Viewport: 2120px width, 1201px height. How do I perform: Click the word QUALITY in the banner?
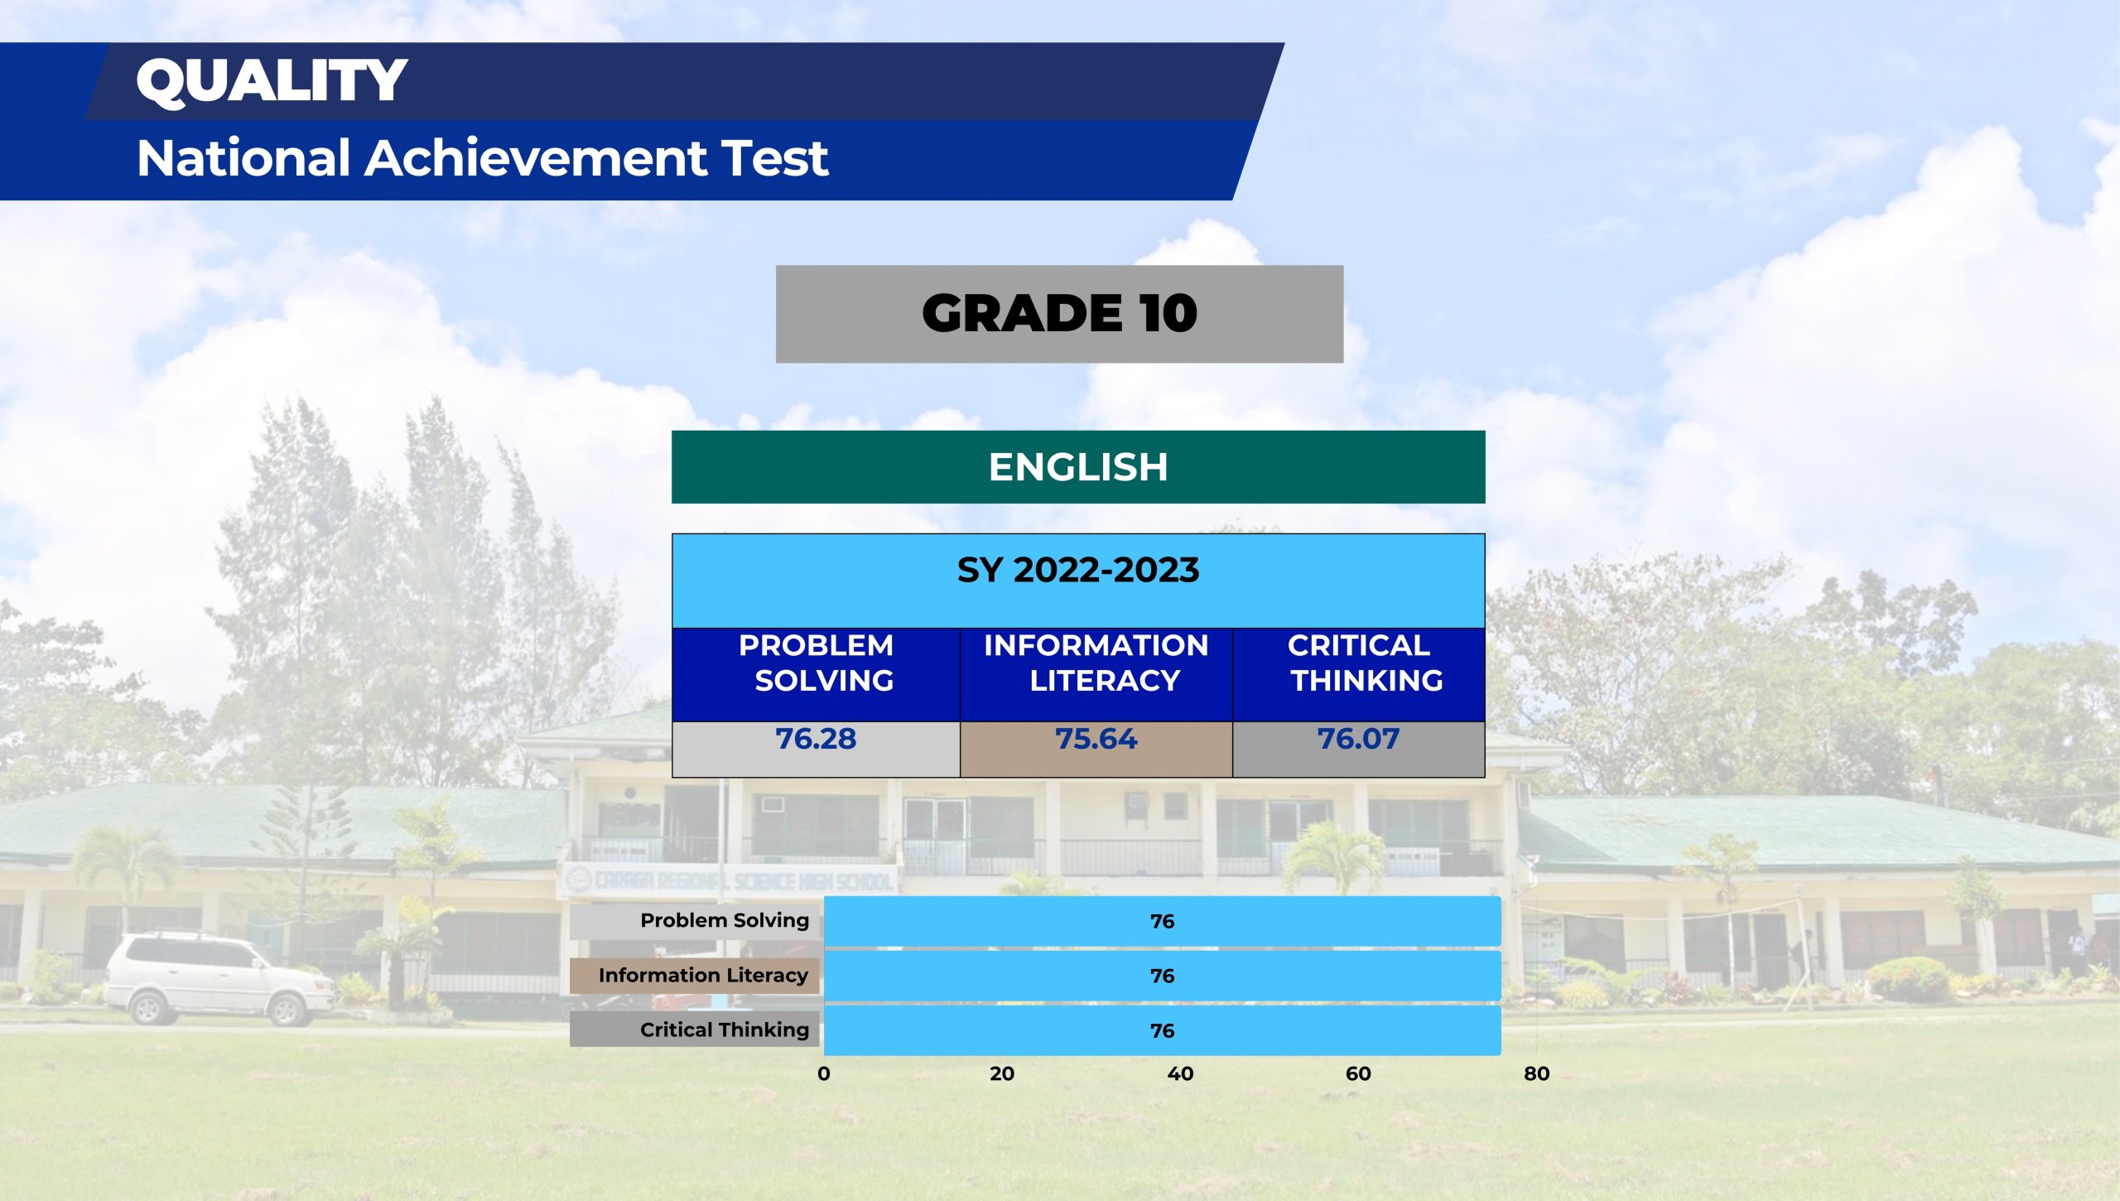click(x=272, y=80)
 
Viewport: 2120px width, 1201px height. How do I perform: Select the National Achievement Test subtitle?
click(x=482, y=157)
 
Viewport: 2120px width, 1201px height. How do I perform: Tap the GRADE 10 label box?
click(x=1059, y=314)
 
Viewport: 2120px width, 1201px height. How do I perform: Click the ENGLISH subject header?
click(x=1078, y=467)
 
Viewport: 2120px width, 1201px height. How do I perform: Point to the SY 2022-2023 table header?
click(x=1078, y=581)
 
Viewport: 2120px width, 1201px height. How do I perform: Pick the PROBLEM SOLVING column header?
click(x=816, y=674)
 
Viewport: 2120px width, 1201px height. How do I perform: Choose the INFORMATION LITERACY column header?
click(x=1096, y=674)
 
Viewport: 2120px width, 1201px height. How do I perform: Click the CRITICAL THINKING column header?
click(x=1359, y=674)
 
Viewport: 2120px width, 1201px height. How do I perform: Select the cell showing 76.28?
click(x=816, y=749)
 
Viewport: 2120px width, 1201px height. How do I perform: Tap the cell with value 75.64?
click(x=1096, y=749)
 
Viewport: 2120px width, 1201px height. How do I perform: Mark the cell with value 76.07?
click(x=1359, y=749)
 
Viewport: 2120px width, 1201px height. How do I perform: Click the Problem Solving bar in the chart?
click(x=1162, y=921)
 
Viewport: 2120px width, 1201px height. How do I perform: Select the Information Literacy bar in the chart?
click(x=1162, y=976)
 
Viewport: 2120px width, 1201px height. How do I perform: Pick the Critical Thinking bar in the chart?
click(x=1162, y=1030)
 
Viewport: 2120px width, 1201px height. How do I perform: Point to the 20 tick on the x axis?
click(x=1002, y=1073)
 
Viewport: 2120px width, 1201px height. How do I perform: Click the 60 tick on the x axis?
click(x=1358, y=1073)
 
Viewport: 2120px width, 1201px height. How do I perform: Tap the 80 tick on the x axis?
click(x=1536, y=1073)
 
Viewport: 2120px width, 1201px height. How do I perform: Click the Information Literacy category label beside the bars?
click(x=703, y=976)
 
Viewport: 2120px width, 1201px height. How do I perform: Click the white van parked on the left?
click(x=219, y=978)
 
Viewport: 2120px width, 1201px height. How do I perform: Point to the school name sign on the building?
click(x=729, y=880)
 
